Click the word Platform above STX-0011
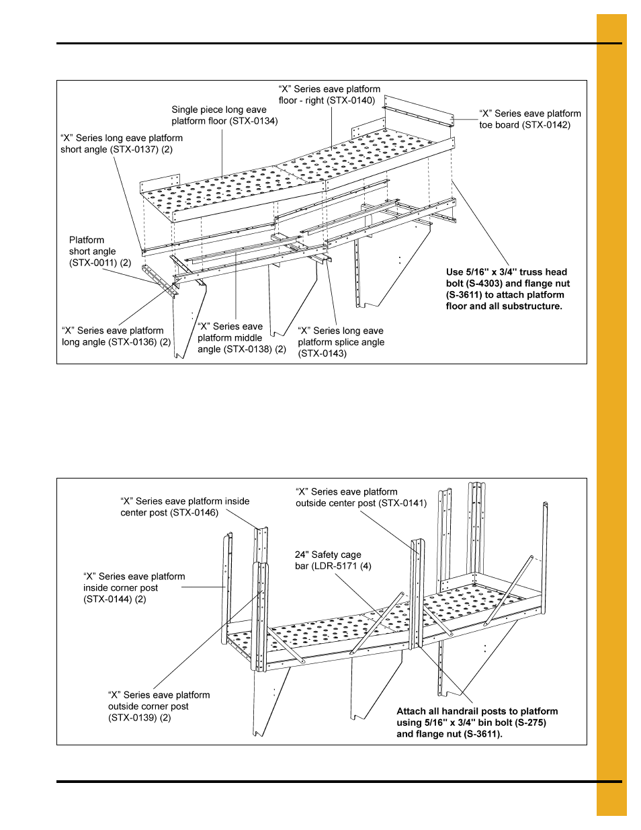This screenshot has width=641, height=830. (87, 240)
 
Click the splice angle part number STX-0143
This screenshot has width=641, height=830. (323, 354)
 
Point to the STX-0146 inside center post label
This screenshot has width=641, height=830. (194, 513)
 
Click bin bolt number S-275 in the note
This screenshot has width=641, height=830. (529, 723)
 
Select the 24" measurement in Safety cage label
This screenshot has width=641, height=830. (302, 555)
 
